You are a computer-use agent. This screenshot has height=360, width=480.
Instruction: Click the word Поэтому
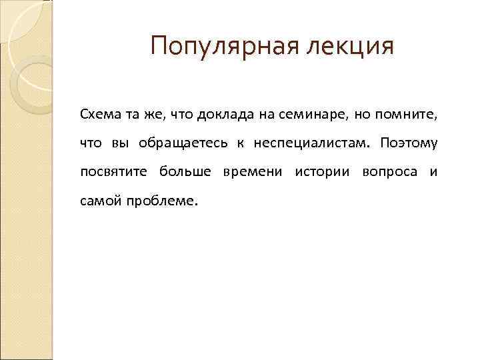[x=410, y=143]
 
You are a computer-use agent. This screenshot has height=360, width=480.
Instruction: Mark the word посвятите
[x=115, y=172]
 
